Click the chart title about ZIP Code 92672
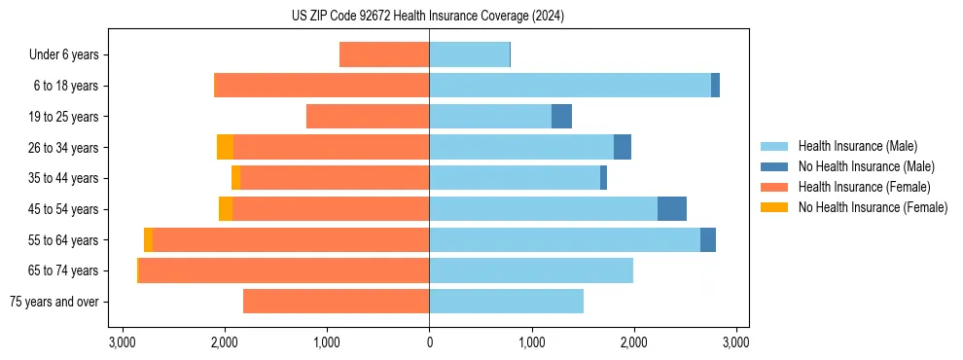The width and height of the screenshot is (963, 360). click(428, 17)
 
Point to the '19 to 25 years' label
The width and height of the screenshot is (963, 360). click(63, 117)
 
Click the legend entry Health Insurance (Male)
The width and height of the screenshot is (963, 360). click(857, 146)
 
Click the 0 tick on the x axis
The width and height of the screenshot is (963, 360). click(429, 342)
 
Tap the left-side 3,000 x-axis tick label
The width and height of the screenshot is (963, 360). click(123, 342)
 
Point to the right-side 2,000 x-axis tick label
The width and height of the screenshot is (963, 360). click(633, 342)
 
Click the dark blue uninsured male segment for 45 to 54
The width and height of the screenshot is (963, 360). click(672, 209)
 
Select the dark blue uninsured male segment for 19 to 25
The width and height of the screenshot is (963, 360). click(561, 117)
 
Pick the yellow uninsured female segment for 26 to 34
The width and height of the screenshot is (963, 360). click(225, 148)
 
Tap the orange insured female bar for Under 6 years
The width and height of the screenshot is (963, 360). click(384, 55)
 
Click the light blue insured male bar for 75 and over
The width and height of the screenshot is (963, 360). click(506, 302)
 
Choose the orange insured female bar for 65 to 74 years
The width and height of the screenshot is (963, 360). click(284, 270)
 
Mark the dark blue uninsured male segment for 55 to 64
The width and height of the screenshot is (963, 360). click(708, 240)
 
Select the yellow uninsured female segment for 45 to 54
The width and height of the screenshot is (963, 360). click(226, 209)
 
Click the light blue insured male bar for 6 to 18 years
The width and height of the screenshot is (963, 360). click(570, 86)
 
